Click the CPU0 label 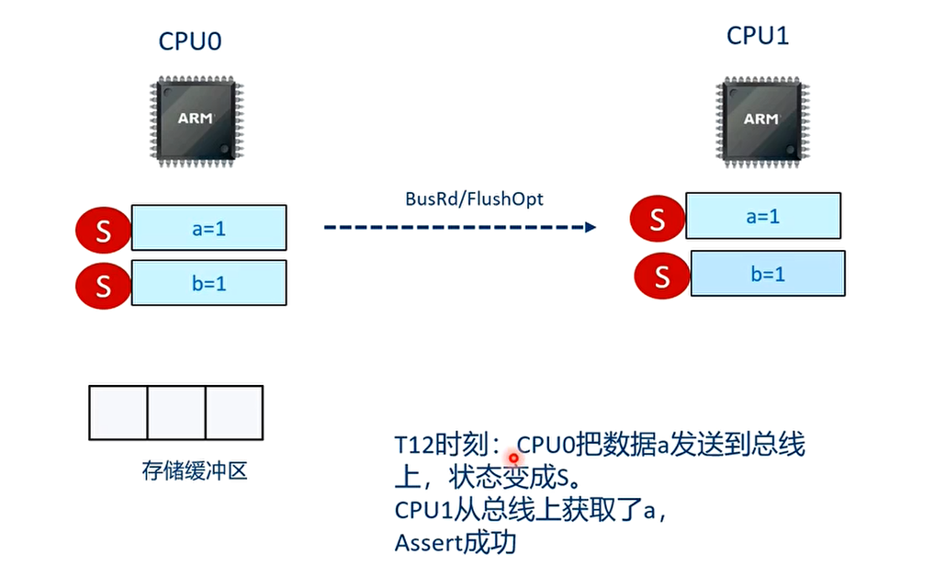[190, 41]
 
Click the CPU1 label [758, 36]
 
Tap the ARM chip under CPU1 [759, 119]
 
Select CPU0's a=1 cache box [209, 229]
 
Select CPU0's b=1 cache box [209, 283]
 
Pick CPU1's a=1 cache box [763, 217]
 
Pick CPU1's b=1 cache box [768, 274]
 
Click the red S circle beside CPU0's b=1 [103, 285]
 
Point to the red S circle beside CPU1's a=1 [657, 220]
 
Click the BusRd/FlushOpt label [474, 198]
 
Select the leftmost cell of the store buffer [118, 413]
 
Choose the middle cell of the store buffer [176, 413]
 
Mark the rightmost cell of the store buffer [233, 413]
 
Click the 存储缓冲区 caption [195, 471]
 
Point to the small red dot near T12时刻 [513, 458]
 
